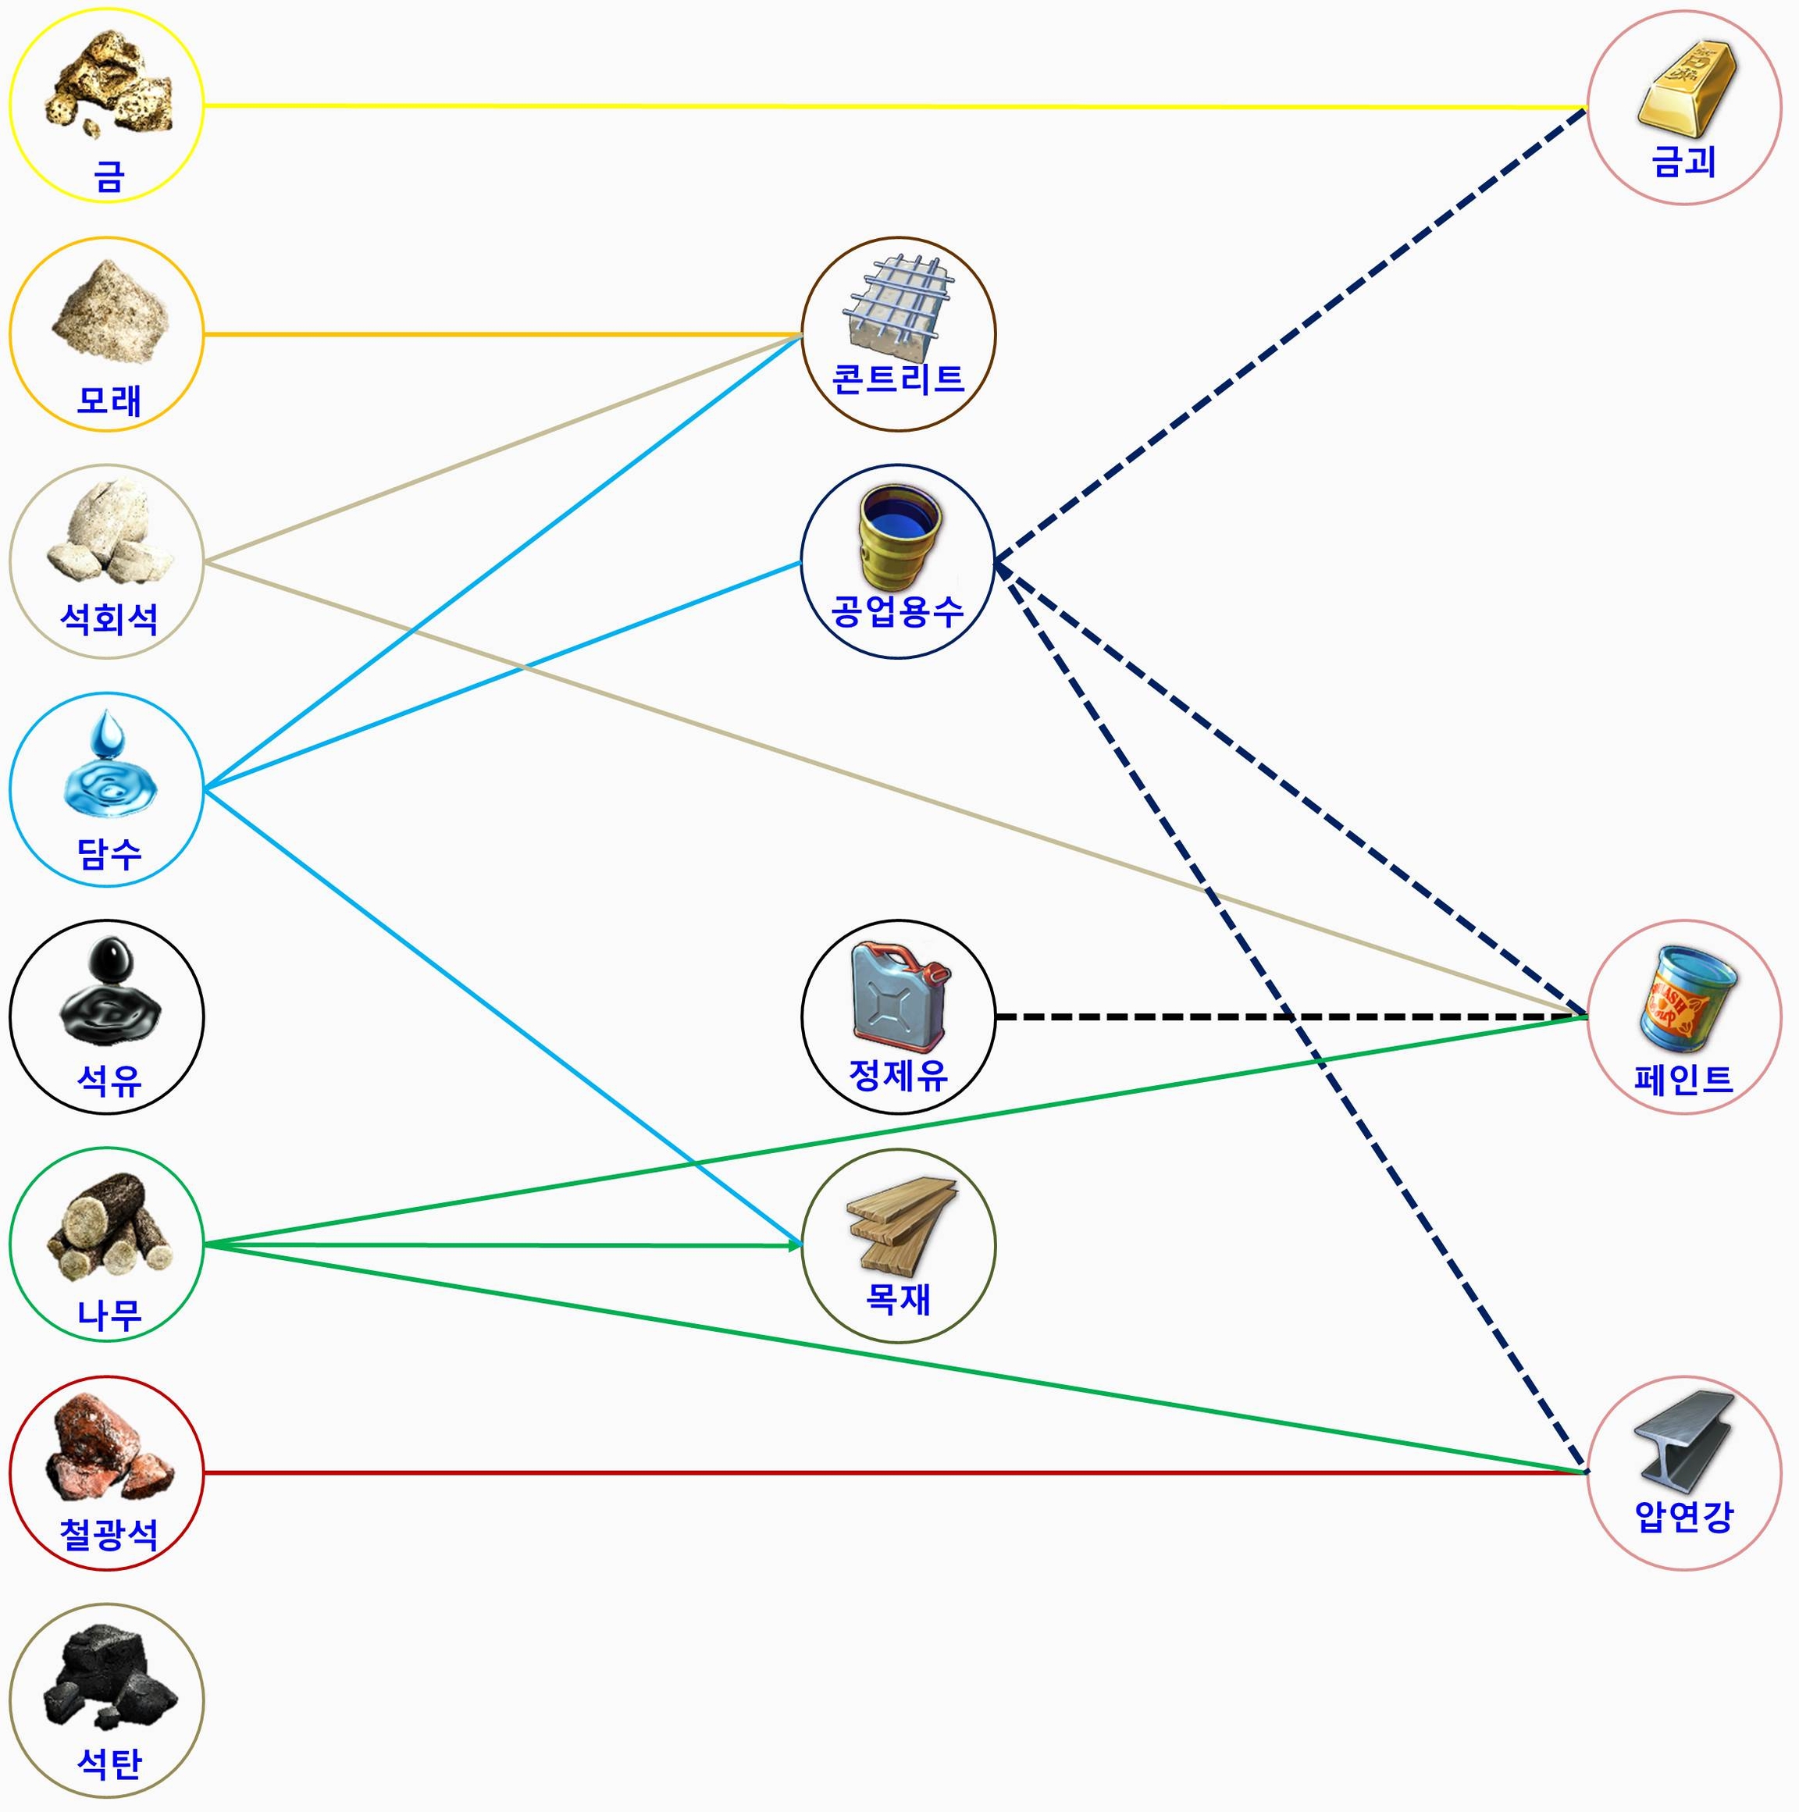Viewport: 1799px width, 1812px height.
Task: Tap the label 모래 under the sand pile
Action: pos(109,401)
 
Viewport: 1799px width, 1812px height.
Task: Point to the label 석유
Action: pos(109,1081)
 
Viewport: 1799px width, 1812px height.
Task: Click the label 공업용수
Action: pos(898,612)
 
